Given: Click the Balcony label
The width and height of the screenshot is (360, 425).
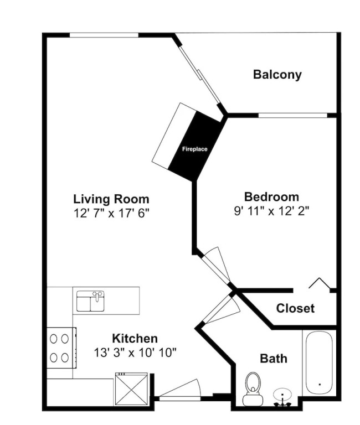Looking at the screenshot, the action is [x=277, y=75].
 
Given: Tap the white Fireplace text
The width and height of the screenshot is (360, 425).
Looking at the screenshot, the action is [x=194, y=149].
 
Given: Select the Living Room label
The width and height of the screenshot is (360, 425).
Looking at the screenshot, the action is [x=111, y=199].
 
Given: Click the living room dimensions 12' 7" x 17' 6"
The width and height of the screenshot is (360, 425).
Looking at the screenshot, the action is [x=111, y=213].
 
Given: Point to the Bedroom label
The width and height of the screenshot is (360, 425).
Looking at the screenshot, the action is [x=271, y=197].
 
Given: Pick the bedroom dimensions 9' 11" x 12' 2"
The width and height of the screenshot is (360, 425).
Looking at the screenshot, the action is [x=271, y=211].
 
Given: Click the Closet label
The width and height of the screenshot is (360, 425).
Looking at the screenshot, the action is [x=295, y=308].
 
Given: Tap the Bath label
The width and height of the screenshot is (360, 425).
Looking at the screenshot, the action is [x=274, y=359].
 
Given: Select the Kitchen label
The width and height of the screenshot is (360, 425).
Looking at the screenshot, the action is [x=135, y=339].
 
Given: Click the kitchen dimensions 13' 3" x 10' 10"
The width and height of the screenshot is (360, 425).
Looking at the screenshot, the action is [x=135, y=353].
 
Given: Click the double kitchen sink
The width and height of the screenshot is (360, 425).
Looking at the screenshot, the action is [x=90, y=301].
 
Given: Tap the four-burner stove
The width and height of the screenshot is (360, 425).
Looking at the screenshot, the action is [x=61, y=348].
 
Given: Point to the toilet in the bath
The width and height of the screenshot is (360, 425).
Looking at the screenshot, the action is [x=253, y=389].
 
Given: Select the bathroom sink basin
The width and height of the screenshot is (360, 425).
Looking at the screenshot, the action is [x=282, y=395].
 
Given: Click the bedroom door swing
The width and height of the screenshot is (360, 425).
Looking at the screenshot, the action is [x=216, y=265].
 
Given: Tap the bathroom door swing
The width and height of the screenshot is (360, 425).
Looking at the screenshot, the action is [x=221, y=309].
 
